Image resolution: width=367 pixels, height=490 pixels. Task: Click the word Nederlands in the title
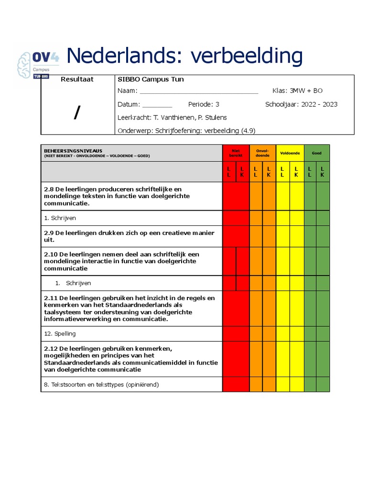(125, 56)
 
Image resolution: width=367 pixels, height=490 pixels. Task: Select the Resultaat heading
(77, 79)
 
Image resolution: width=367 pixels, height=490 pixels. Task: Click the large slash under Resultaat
(77, 112)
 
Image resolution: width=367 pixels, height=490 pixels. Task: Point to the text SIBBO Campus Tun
(151, 79)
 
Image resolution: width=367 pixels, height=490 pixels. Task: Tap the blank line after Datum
(157, 105)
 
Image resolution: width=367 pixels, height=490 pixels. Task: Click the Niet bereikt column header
(236, 153)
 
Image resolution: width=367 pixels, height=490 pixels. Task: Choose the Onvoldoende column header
(262, 153)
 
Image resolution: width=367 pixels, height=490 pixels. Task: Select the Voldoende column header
(290, 153)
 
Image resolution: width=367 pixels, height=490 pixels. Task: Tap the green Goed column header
(316, 153)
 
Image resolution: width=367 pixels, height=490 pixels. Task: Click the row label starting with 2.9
(129, 236)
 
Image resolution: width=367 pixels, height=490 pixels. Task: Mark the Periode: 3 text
(204, 104)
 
